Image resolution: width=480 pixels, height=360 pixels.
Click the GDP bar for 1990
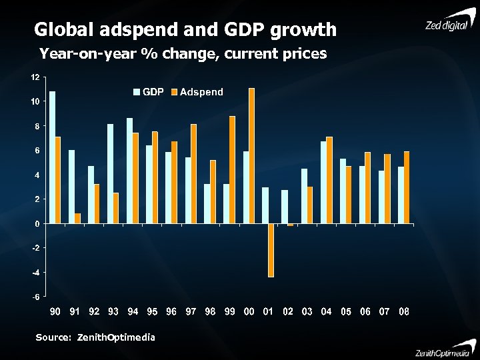click(x=52, y=157)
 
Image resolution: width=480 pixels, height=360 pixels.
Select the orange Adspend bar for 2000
click(x=251, y=156)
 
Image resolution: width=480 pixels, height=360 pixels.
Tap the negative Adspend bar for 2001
click(x=271, y=250)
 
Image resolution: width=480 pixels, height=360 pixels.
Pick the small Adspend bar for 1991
click(x=77, y=219)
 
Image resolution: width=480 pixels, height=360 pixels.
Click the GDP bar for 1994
click(x=129, y=171)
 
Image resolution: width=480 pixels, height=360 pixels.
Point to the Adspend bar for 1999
click(x=232, y=170)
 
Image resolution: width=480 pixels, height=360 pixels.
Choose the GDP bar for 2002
click(x=285, y=207)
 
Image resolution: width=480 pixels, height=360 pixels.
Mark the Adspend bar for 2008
click(x=407, y=187)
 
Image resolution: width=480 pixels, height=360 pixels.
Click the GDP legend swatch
click(x=137, y=91)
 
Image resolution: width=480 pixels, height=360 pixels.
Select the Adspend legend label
click(x=201, y=91)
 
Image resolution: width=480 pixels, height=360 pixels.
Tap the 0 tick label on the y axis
click(x=37, y=223)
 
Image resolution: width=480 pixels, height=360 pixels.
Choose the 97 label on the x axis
click(x=191, y=311)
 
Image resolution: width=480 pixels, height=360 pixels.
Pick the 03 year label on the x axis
click(x=307, y=311)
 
